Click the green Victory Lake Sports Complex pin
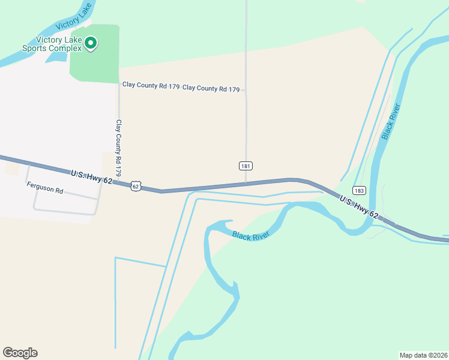click(x=91, y=43)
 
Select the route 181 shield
click(x=245, y=166)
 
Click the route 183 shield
click(x=359, y=190)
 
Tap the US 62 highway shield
click(x=136, y=186)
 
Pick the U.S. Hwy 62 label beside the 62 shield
click(x=91, y=176)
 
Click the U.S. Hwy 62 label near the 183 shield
click(x=358, y=206)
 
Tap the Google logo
click(x=20, y=353)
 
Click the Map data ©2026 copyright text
click(x=423, y=355)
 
